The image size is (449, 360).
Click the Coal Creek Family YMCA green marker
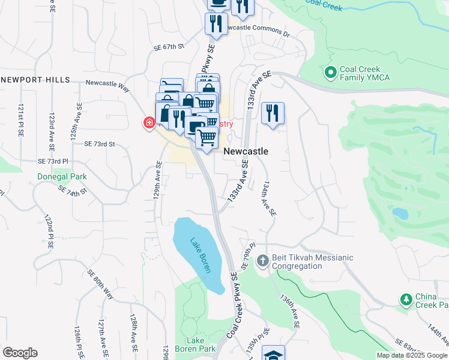330,74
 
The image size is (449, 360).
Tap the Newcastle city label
246,152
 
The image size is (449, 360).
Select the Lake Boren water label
200,256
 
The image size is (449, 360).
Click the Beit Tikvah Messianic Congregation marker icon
262,262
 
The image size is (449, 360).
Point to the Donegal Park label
62,177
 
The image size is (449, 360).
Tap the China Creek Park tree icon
406,299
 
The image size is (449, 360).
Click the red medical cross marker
148,124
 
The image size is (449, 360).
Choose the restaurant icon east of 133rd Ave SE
273,113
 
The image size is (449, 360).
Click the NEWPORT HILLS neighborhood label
35,80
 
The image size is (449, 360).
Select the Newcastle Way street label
108,87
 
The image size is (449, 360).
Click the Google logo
20,353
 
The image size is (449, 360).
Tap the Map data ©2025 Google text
412,355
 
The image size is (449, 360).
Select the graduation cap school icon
273,354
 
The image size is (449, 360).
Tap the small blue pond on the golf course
399,214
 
